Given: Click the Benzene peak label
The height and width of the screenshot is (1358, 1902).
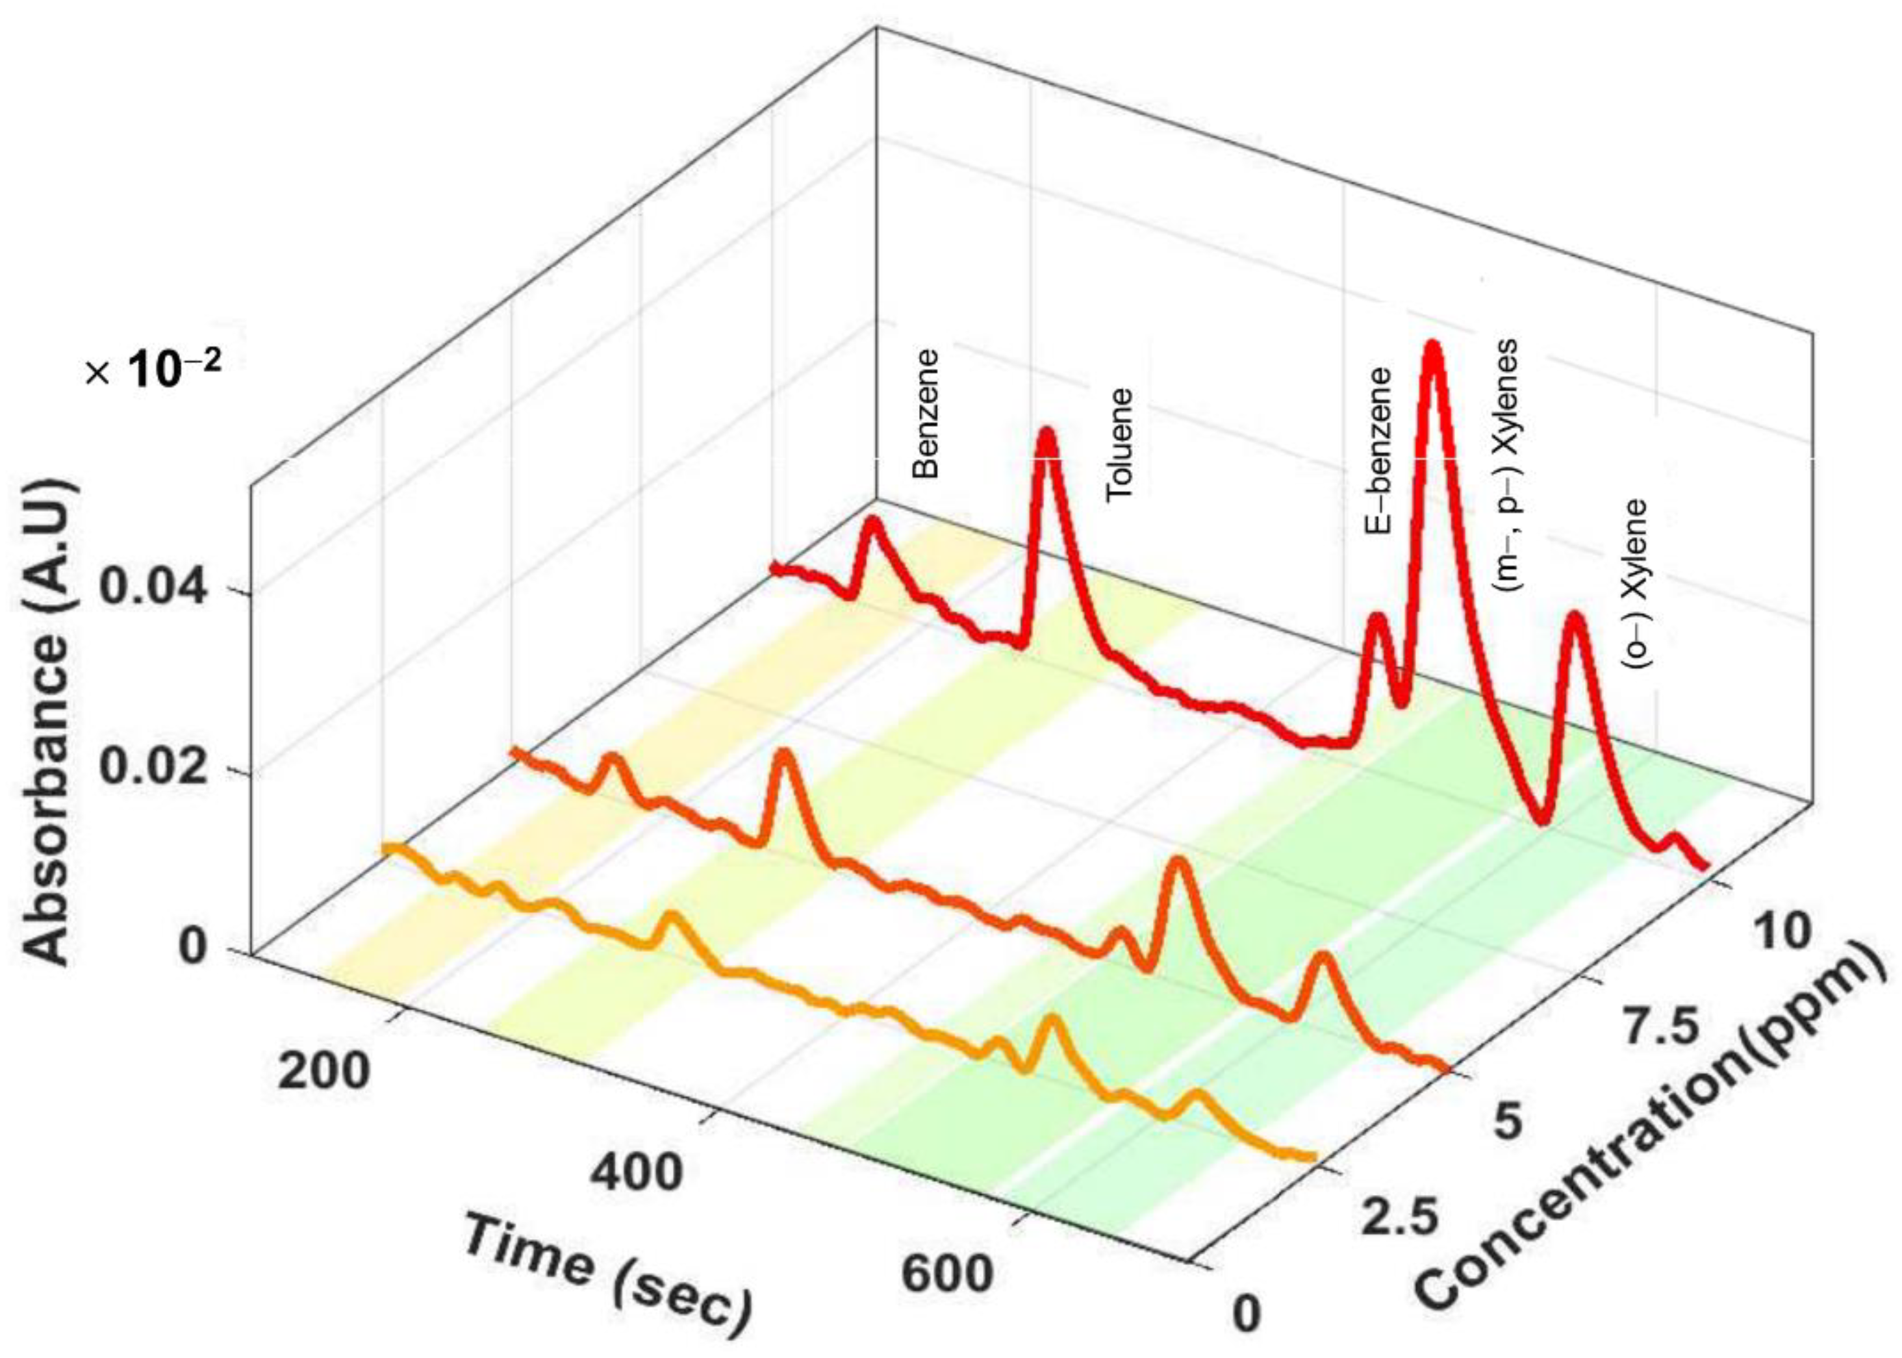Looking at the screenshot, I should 926,413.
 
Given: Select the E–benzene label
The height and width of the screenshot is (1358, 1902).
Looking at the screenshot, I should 1378,450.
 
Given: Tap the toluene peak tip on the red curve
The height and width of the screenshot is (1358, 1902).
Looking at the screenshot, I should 1046,436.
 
